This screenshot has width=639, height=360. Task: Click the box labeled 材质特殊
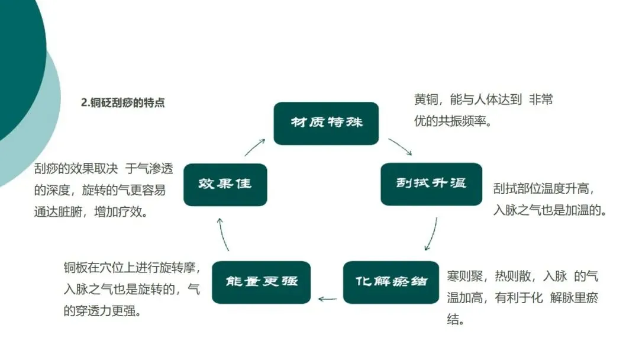(x=326, y=124)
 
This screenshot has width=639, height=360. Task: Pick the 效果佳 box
(x=225, y=184)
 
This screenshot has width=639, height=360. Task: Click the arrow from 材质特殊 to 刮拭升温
(x=400, y=146)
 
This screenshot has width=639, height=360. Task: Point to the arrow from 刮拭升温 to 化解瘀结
(x=432, y=234)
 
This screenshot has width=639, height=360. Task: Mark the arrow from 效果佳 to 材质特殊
(x=255, y=147)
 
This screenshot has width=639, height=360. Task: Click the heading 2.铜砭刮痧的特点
(x=122, y=102)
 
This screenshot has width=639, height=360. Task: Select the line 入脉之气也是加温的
(x=550, y=210)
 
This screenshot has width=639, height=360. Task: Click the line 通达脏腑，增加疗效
(x=91, y=212)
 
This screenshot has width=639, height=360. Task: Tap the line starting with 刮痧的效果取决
(x=104, y=169)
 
